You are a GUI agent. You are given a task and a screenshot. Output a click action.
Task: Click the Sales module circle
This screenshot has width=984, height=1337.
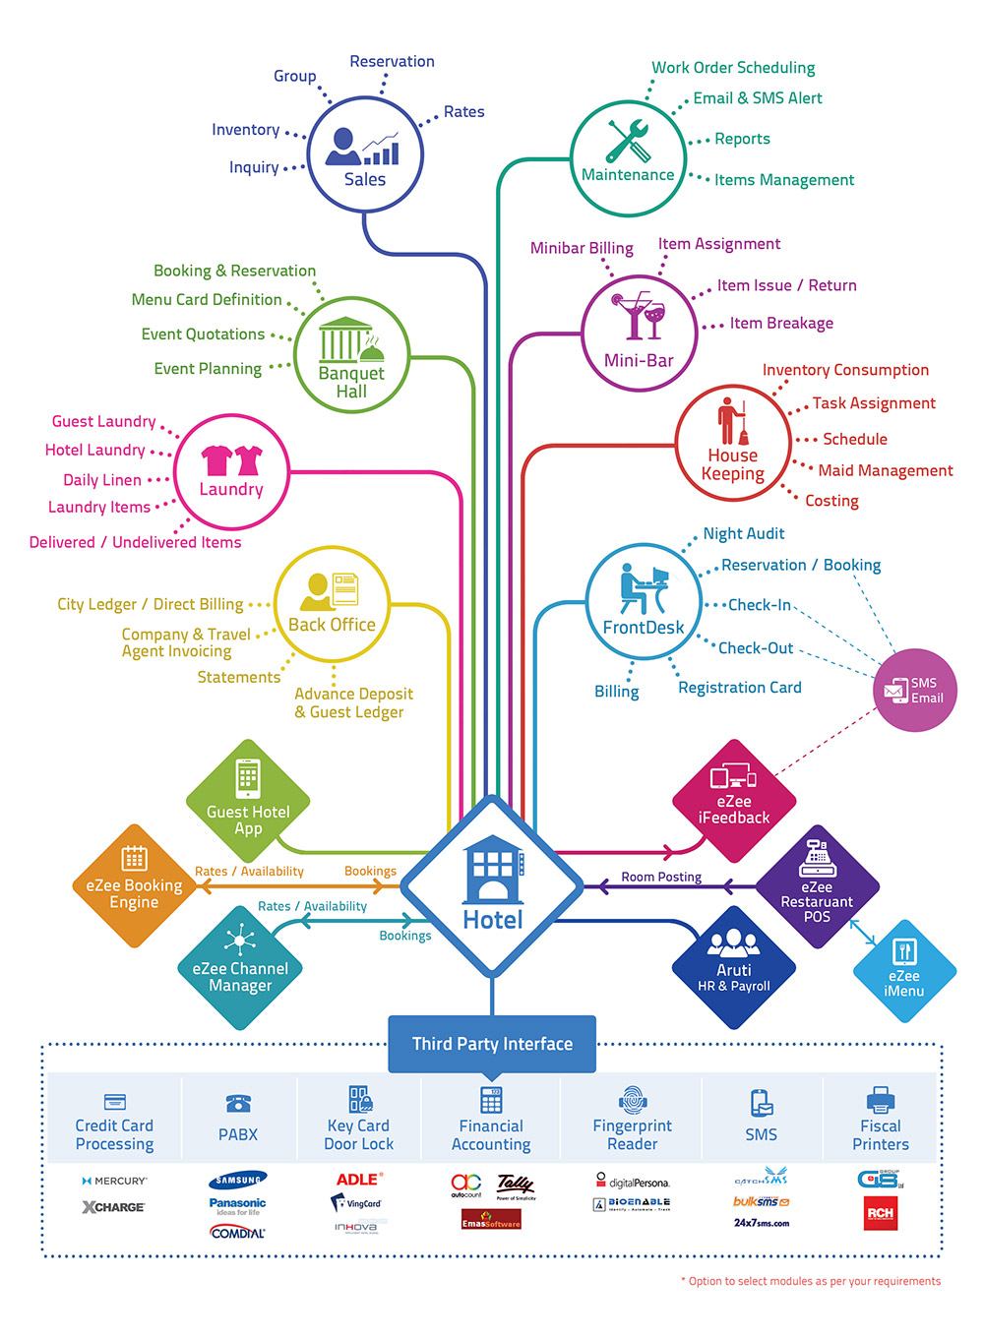pyautogui.click(x=365, y=154)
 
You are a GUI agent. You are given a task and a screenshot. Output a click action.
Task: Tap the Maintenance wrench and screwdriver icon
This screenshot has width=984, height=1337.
pyautogui.click(x=628, y=142)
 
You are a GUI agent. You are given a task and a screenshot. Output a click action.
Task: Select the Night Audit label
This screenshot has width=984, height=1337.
pyautogui.click(x=743, y=533)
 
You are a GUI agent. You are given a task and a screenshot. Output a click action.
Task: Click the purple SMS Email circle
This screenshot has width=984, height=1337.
pyautogui.click(x=914, y=690)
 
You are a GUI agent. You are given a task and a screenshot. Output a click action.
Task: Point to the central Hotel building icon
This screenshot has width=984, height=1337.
pyautogui.click(x=492, y=870)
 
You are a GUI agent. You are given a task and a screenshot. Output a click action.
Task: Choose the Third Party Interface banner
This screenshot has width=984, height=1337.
pyautogui.click(x=492, y=1044)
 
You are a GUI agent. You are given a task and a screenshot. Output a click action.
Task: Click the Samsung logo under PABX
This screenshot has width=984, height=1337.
pyautogui.click(x=238, y=1180)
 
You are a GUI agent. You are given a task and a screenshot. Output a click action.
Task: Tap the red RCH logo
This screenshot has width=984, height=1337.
pyautogui.click(x=880, y=1213)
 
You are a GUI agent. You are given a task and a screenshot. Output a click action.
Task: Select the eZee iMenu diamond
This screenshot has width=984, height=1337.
pyautogui.click(x=903, y=971)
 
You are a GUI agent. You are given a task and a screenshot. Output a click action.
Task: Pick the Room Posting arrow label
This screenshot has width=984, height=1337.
pyautogui.click(x=661, y=877)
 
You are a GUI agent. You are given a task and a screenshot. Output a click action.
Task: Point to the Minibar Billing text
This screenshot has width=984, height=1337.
pyautogui.click(x=582, y=248)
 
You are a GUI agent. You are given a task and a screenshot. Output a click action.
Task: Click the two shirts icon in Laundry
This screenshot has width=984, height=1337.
pyautogui.click(x=232, y=459)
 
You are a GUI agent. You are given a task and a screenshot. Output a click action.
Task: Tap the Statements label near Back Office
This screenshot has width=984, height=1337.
pyautogui.click(x=238, y=677)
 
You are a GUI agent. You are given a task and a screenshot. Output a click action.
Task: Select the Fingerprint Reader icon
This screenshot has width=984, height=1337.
pyautogui.click(x=633, y=1100)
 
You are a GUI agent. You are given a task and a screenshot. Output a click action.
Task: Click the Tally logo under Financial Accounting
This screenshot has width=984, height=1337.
pyautogui.click(x=515, y=1184)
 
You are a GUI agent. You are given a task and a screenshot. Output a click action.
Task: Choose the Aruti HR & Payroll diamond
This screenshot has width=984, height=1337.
pyautogui.click(x=734, y=967)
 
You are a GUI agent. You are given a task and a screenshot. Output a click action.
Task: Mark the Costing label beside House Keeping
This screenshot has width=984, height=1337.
pyautogui.click(x=831, y=501)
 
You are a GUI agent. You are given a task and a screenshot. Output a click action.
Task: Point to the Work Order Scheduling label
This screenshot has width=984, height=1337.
pyautogui.click(x=733, y=68)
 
